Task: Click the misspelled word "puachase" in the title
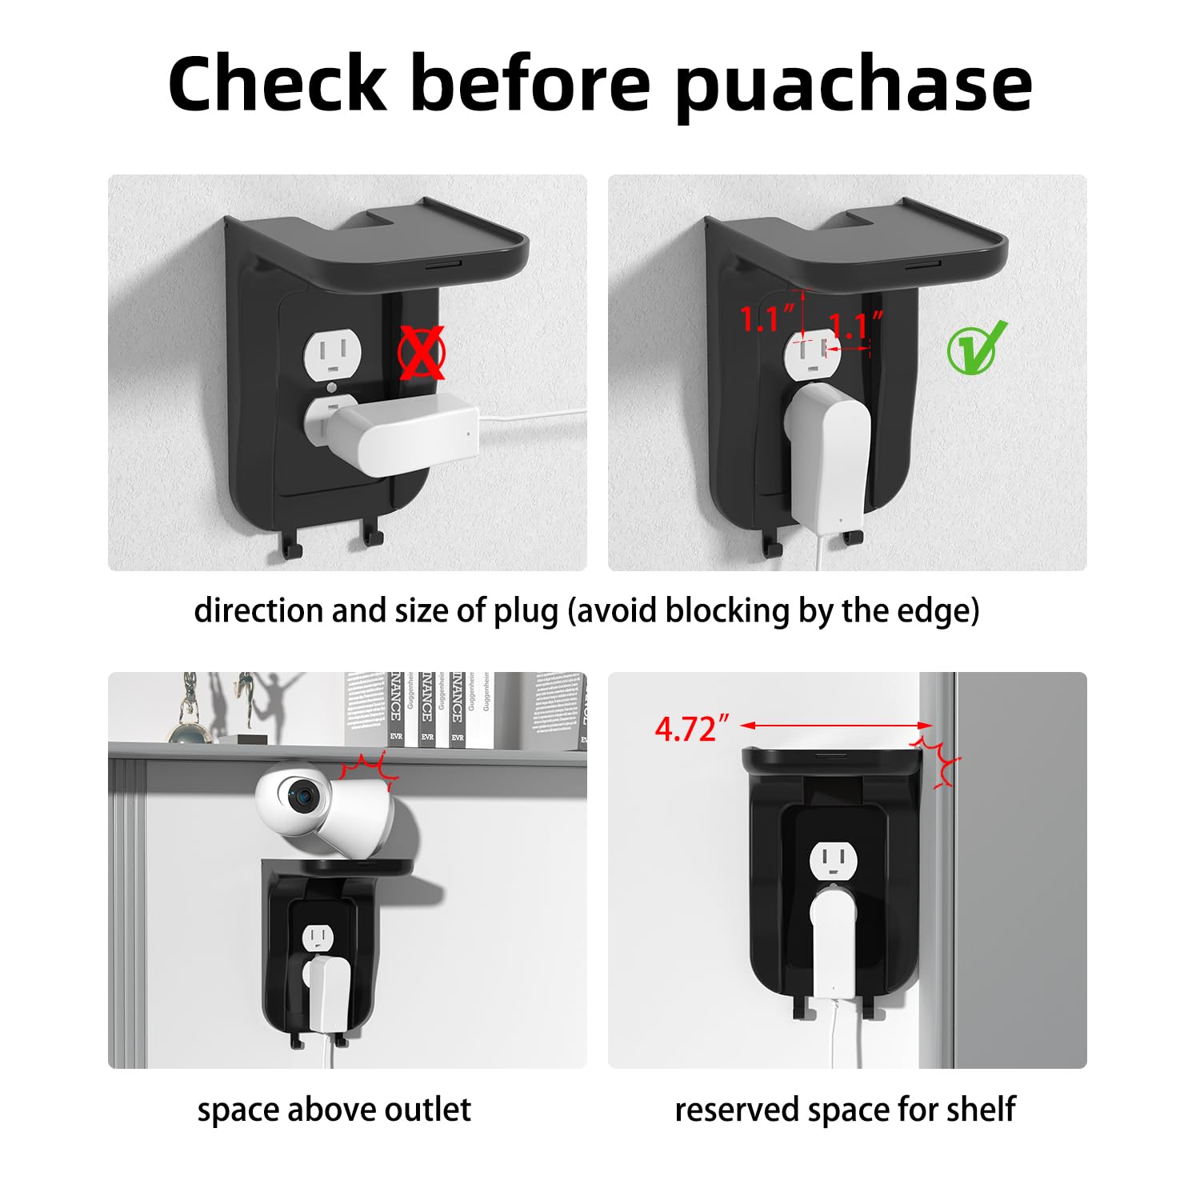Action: tap(854, 86)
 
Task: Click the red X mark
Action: tap(422, 353)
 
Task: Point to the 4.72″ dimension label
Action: tap(692, 729)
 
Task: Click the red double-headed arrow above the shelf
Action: tap(836, 726)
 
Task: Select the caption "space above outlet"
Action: tap(334, 1110)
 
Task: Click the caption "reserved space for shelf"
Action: tap(845, 1110)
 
